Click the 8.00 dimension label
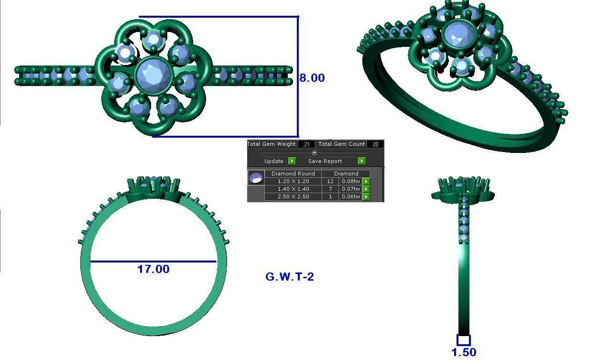(312, 78)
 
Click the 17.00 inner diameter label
(153, 269)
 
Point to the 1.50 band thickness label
(463, 352)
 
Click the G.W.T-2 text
(289, 277)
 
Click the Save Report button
(331, 161)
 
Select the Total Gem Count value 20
(375, 144)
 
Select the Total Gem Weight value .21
(306, 144)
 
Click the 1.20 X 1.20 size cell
(293, 181)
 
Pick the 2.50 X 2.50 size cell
(293, 196)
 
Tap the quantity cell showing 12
(330, 181)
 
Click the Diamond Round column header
(293, 174)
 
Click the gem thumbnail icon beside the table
(256, 178)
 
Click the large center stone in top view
(154, 76)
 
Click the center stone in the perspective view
(459, 34)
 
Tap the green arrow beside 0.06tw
(366, 196)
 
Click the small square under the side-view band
(463, 340)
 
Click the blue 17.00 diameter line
(153, 262)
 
